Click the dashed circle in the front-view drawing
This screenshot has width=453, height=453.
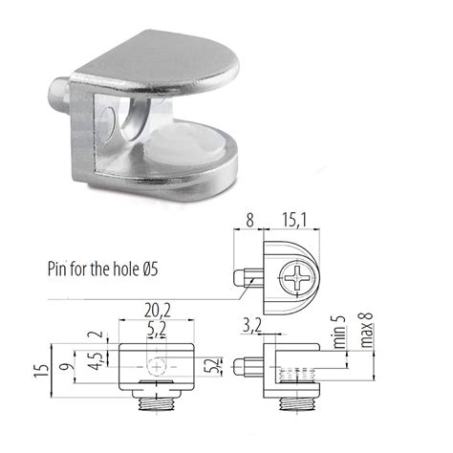point(156,365)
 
